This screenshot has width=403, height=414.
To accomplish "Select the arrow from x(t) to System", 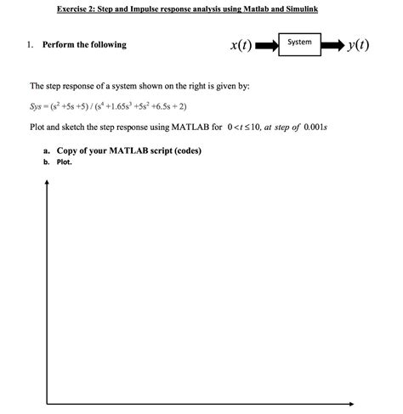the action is [x=266, y=45].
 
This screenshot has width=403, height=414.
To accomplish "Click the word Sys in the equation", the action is [x=38, y=107].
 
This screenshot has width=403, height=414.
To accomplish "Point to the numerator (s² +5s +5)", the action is [x=76, y=107].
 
